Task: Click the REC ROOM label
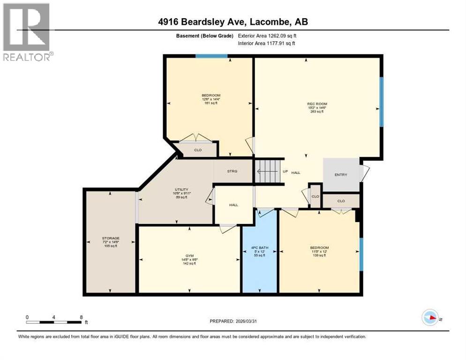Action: pyautogui.click(x=317, y=104)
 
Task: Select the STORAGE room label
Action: pyautogui.click(x=111, y=238)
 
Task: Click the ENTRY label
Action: pyautogui.click(x=341, y=175)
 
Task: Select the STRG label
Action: pyautogui.click(x=232, y=171)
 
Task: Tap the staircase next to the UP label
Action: pyautogui.click(x=267, y=171)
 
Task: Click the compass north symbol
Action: pyautogui.click(x=430, y=318)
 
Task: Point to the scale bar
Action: pyautogui.click(x=54, y=322)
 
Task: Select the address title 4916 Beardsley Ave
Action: pyautogui.click(x=233, y=22)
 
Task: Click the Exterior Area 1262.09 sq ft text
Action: pyautogui.click(x=267, y=36)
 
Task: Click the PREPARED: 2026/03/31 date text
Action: pyautogui.click(x=233, y=321)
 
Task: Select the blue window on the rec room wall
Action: pyautogui.click(x=382, y=102)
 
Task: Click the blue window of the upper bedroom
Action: pyautogui.click(x=211, y=56)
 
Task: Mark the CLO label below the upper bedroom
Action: pyautogui.click(x=198, y=150)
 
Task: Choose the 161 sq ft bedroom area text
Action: pyautogui.click(x=210, y=103)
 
